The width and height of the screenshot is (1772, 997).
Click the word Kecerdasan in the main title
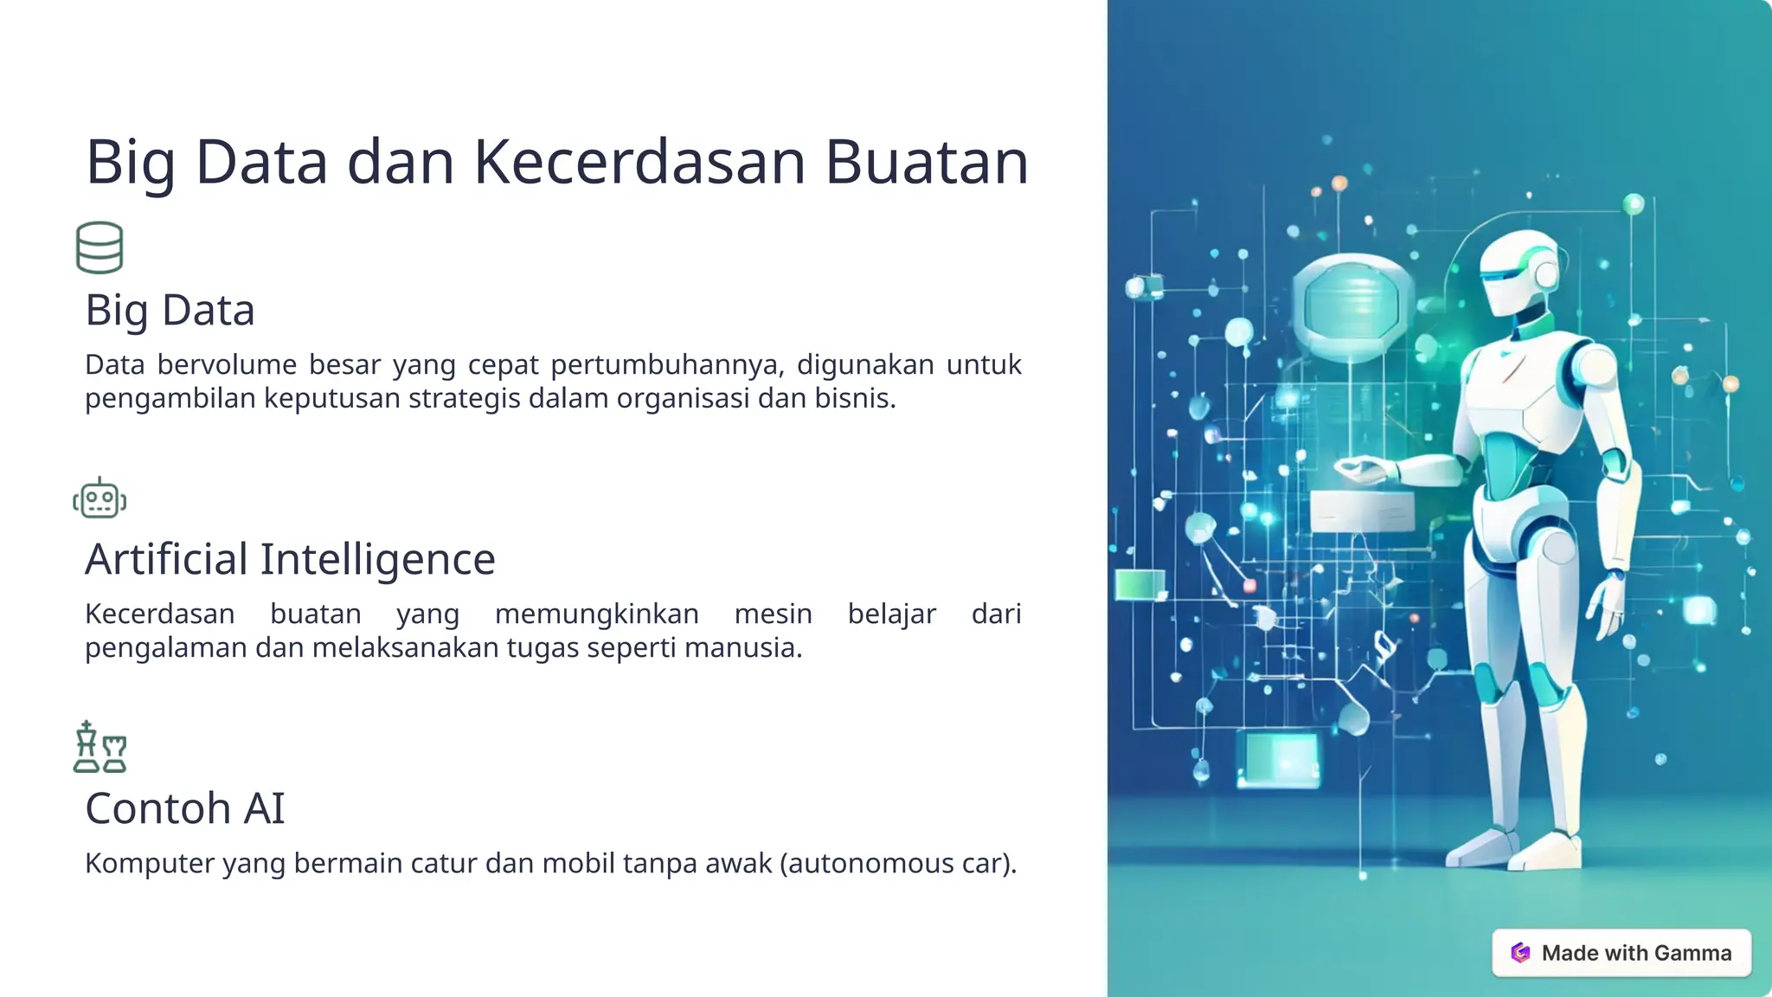click(639, 162)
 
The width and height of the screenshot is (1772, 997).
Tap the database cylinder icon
click(100, 248)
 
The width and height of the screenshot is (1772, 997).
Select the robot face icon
click(100, 499)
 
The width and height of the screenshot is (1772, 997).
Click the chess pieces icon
click(100, 747)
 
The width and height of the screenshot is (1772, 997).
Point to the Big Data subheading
click(170, 310)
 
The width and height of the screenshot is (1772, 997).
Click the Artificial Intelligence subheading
click(290, 559)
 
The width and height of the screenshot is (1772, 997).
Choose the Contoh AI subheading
click(184, 808)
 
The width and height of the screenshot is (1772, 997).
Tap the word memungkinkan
click(596, 614)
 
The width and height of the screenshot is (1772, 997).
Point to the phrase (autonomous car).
click(897, 864)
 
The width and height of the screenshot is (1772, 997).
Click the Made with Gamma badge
click(1621, 953)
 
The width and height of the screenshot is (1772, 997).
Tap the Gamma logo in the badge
click(1520, 953)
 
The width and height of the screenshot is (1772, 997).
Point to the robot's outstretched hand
click(1358, 470)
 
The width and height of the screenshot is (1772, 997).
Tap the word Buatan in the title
click(926, 162)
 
